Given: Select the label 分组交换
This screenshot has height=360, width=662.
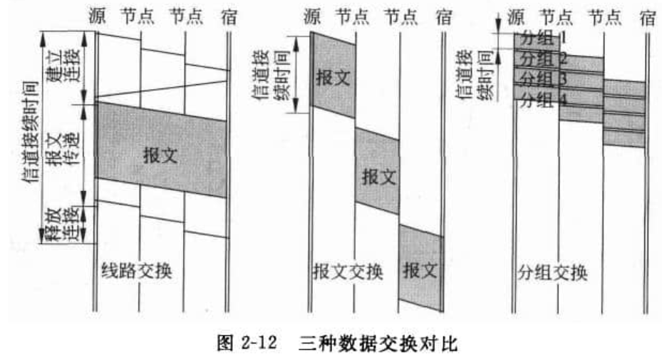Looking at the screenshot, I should coord(553,272).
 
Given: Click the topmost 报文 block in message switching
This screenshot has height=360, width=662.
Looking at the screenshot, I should coord(333,78).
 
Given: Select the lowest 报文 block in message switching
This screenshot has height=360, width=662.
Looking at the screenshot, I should coord(420,270).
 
